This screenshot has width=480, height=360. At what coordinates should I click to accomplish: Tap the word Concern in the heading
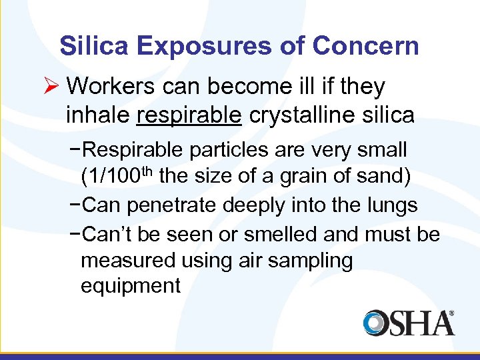coord(366,46)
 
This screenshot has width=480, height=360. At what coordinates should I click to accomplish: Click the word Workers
coord(110,86)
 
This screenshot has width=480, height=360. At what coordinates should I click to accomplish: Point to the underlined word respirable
coord(188,115)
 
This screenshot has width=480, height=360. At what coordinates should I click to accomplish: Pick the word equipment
coord(130,287)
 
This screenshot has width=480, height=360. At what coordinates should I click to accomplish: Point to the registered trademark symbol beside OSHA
coord(451,313)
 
